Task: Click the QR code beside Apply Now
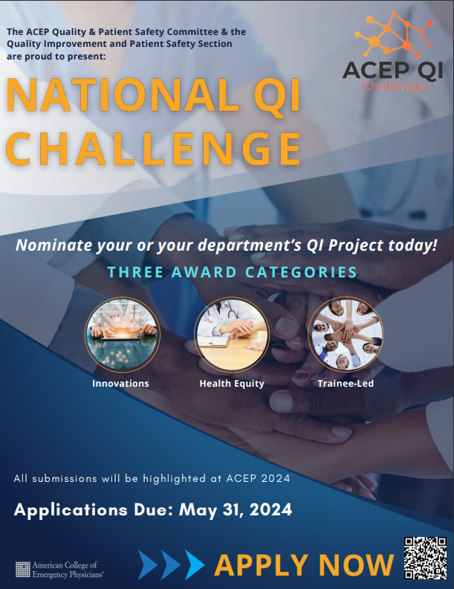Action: pos(425,558)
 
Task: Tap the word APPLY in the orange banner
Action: pos(262,565)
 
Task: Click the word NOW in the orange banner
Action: pos(356,565)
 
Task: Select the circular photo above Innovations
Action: pos(123,335)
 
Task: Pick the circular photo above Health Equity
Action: pos(232,335)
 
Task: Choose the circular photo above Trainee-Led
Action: pos(346,335)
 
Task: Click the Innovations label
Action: pos(120,384)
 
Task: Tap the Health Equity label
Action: pos(232,384)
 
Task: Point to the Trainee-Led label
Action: pos(346,384)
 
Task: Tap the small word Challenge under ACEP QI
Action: pos(394,86)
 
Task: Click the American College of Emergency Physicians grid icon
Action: pos(23,570)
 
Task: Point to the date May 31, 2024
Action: pos(236,509)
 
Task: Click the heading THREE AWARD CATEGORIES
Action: pos(233,272)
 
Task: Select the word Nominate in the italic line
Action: pos(54,245)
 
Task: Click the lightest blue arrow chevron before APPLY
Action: pos(195,564)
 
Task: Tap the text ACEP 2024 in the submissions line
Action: pos(258,478)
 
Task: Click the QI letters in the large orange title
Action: pos(277,96)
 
